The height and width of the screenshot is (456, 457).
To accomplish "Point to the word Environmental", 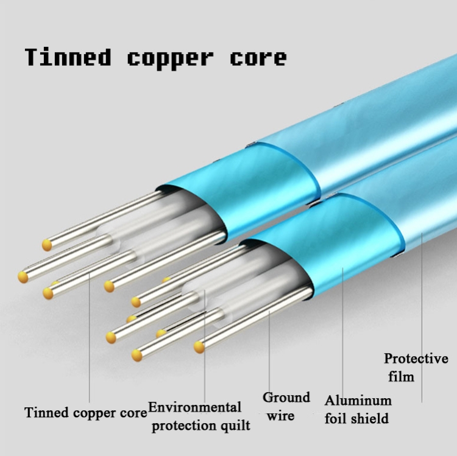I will coord(195,407).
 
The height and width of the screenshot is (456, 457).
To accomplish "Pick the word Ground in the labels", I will coord(286,398).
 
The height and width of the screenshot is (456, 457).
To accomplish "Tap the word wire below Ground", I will coord(281,416).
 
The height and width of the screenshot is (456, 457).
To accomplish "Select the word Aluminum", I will coord(358,401).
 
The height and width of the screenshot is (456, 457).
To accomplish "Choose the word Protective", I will coord(416,358).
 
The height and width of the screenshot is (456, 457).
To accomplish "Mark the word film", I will coord(402,377).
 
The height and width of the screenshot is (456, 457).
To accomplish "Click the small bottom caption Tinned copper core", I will coord(85,413).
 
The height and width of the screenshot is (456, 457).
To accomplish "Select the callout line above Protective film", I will coord(422,304).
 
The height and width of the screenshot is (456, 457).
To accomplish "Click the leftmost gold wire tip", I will coord(23,277).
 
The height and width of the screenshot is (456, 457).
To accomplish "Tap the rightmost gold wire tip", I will coord(199,347).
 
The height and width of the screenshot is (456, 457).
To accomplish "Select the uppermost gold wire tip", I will coord(47,245).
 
